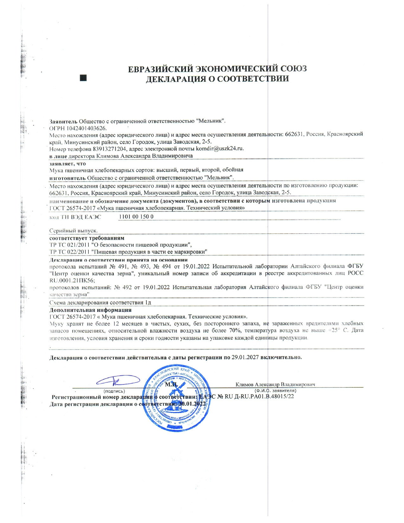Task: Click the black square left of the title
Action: tap(83, 78)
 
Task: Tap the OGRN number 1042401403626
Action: tap(86, 128)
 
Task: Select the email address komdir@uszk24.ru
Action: tap(220, 148)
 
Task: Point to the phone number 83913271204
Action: tap(110, 149)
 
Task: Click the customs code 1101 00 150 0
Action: tap(136, 216)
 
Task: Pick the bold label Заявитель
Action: tap(63, 121)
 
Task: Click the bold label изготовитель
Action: tap(67, 178)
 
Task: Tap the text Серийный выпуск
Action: tap(74, 230)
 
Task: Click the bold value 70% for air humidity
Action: tap(235, 330)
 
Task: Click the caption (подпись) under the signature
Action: tap(114, 391)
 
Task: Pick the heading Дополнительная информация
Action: tap(90, 310)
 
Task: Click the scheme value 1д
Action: tap(148, 302)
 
